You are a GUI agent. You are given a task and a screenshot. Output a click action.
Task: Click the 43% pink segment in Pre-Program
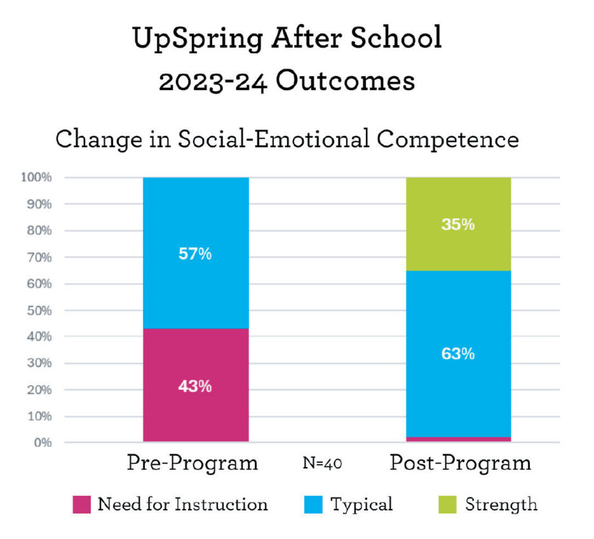(196, 386)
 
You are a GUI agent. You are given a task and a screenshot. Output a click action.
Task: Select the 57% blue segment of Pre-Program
(196, 253)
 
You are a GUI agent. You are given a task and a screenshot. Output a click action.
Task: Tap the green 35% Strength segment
(458, 224)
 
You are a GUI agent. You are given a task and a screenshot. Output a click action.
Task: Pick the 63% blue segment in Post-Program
(458, 354)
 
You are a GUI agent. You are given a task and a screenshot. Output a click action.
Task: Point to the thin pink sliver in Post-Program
(458, 439)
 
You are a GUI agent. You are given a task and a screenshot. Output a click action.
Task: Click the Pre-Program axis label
(192, 463)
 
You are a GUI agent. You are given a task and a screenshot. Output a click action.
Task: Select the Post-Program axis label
(460, 463)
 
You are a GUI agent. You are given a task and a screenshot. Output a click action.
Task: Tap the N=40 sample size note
(323, 464)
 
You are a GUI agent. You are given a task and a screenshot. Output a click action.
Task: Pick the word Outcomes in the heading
(345, 82)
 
